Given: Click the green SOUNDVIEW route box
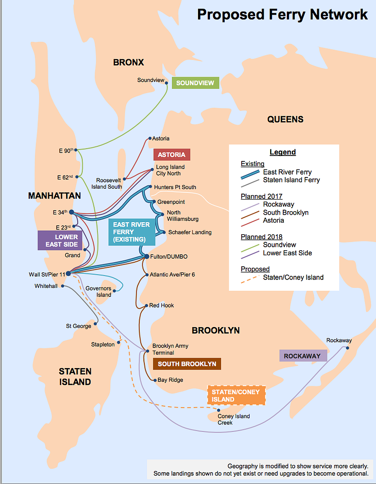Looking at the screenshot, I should [196, 83].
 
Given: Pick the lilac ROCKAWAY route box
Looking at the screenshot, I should [302, 356].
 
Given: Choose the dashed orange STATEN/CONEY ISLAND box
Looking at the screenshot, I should [236, 395].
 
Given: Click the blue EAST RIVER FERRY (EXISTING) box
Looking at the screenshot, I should [131, 232].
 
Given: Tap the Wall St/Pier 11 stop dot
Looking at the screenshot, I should [68, 273].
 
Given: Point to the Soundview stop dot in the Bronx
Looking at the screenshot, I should [167, 84].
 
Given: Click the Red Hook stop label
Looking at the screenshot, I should [161, 305].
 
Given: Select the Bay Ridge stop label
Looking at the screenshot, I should [170, 380].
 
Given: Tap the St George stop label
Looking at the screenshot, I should [78, 326].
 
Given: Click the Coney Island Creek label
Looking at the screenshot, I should [233, 419].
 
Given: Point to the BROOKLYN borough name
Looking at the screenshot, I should [216, 331].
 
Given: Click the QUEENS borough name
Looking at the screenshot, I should [285, 119].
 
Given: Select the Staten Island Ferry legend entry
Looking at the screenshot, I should [291, 180].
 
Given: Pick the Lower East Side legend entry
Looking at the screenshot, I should [288, 253].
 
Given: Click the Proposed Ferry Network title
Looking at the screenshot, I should [282, 14].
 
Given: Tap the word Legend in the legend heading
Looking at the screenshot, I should [283, 152].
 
